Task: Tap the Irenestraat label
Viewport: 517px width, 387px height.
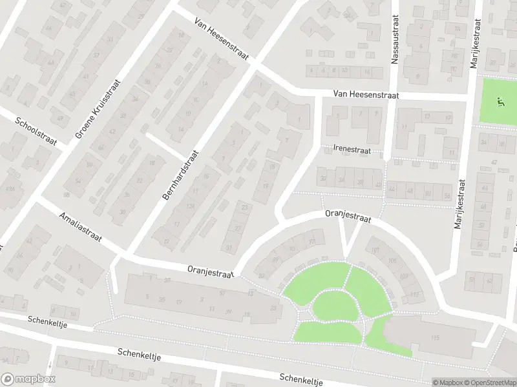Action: tap(352, 150)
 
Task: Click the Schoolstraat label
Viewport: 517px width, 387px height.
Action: tap(38, 132)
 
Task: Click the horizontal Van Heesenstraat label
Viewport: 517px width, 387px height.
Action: tap(366, 95)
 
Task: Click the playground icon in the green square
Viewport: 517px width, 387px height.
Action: tap(499, 101)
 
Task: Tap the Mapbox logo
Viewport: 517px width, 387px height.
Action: tap(28, 379)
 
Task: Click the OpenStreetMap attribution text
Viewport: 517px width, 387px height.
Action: tap(489, 382)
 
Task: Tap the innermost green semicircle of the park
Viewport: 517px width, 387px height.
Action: tap(335, 306)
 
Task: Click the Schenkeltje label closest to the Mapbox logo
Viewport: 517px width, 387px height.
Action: tap(138, 354)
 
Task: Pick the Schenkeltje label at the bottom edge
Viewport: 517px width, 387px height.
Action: tap(301, 379)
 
